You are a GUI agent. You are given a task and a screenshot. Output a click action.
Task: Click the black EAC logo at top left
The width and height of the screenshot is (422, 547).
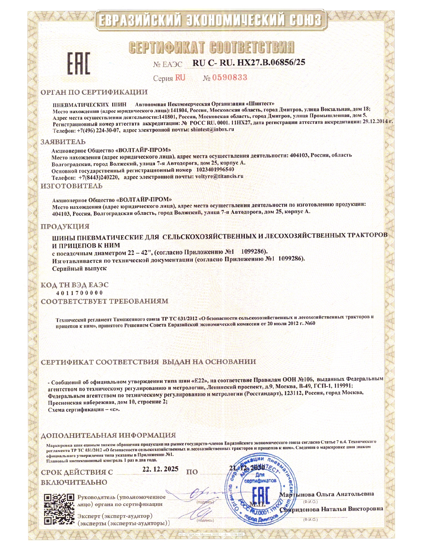(x=78, y=63)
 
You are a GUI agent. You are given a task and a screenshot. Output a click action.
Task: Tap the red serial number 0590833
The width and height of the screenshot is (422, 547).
(x=230, y=78)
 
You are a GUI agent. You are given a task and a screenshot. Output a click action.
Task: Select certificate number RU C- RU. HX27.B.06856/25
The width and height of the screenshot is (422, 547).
(x=249, y=62)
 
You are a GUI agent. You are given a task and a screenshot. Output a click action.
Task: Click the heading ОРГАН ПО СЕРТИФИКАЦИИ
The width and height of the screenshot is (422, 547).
(x=94, y=92)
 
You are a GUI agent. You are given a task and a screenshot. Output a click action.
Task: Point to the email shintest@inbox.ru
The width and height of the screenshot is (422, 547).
(x=212, y=129)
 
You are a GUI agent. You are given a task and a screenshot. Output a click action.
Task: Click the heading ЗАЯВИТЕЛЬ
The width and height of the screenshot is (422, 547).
(x=63, y=142)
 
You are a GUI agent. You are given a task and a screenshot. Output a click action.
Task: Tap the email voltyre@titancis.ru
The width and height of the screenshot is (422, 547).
(x=219, y=176)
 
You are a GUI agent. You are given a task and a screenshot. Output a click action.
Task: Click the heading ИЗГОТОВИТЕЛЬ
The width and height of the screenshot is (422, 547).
(x=71, y=186)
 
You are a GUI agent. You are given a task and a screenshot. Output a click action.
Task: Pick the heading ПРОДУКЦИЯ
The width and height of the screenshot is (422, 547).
(x=65, y=226)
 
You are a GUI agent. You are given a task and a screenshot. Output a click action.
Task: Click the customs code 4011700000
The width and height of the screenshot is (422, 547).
(x=79, y=293)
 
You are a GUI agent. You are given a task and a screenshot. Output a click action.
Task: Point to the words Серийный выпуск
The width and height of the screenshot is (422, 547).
(x=79, y=268)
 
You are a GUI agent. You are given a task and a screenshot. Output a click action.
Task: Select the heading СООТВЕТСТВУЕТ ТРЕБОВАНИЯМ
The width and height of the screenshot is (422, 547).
(x=104, y=301)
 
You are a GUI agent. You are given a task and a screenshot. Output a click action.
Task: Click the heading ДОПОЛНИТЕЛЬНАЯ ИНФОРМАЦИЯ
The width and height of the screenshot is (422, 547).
(x=108, y=435)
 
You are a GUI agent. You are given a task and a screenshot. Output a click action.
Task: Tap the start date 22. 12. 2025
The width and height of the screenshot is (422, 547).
(x=160, y=469)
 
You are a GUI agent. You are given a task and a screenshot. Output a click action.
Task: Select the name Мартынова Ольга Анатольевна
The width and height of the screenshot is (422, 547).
(x=327, y=494)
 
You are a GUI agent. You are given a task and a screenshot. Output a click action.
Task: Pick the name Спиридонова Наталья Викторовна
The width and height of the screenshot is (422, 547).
(x=331, y=509)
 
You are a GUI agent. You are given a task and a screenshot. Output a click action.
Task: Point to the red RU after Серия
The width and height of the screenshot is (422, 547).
(x=180, y=78)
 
